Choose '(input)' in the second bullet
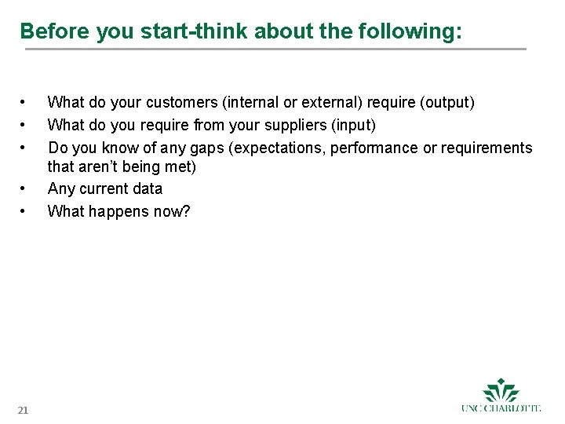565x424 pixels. [356, 126]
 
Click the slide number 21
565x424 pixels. [23, 410]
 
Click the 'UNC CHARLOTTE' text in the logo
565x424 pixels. [501, 408]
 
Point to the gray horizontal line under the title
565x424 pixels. [275, 49]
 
